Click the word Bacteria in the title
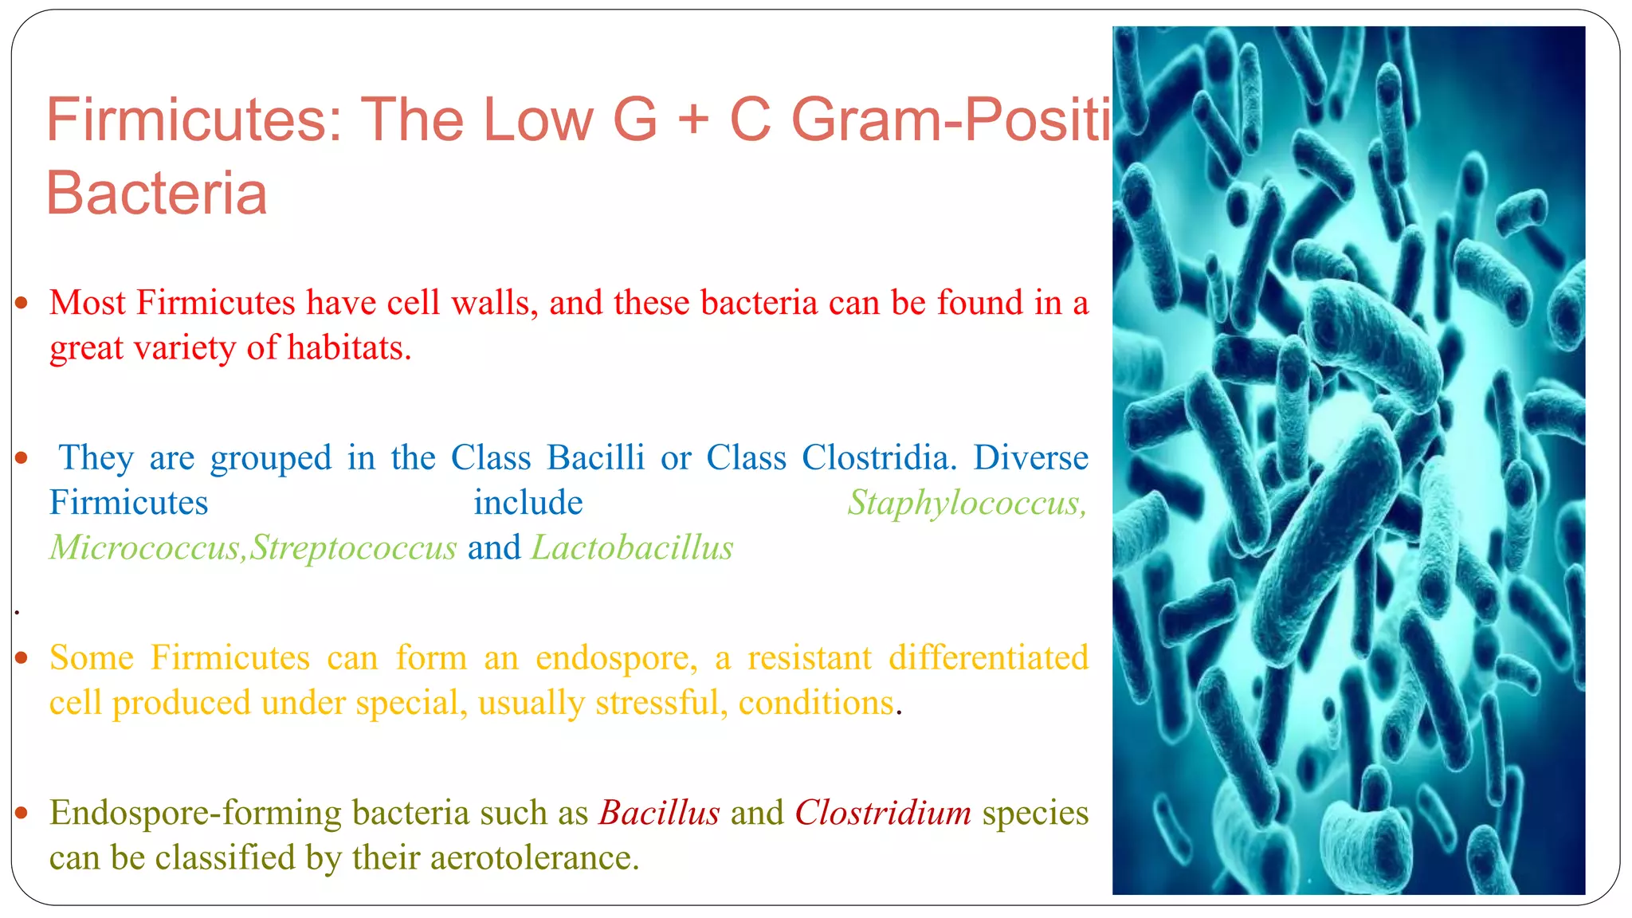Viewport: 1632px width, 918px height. [156, 194]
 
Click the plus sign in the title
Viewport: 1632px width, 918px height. [693, 120]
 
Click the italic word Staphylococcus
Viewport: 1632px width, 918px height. [966, 503]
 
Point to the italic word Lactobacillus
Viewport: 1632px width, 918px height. [632, 548]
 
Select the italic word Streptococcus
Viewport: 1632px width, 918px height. [354, 548]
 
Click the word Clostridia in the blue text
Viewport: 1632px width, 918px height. [875, 458]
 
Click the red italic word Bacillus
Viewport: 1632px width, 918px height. [659, 813]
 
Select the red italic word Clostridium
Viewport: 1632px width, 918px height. [883, 813]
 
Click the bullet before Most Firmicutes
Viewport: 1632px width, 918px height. [22, 304]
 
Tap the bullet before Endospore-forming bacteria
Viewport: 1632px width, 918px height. [22, 814]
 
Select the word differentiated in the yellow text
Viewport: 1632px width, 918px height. [988, 658]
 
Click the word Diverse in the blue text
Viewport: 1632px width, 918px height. [1030, 458]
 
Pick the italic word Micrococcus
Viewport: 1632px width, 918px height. [144, 548]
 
